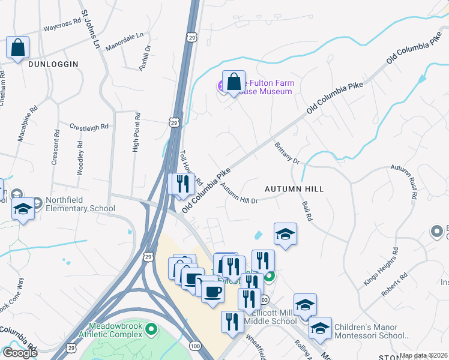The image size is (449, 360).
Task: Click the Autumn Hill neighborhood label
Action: pos(294,189)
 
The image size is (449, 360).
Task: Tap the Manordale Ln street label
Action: pos(125,40)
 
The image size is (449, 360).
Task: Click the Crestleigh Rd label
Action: pos(89,127)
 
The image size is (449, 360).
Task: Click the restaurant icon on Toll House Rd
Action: pos(183,184)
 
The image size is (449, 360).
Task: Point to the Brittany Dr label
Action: pos(287,153)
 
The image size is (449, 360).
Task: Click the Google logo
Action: pos(20,353)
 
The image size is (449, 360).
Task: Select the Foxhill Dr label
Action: pos(145,61)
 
